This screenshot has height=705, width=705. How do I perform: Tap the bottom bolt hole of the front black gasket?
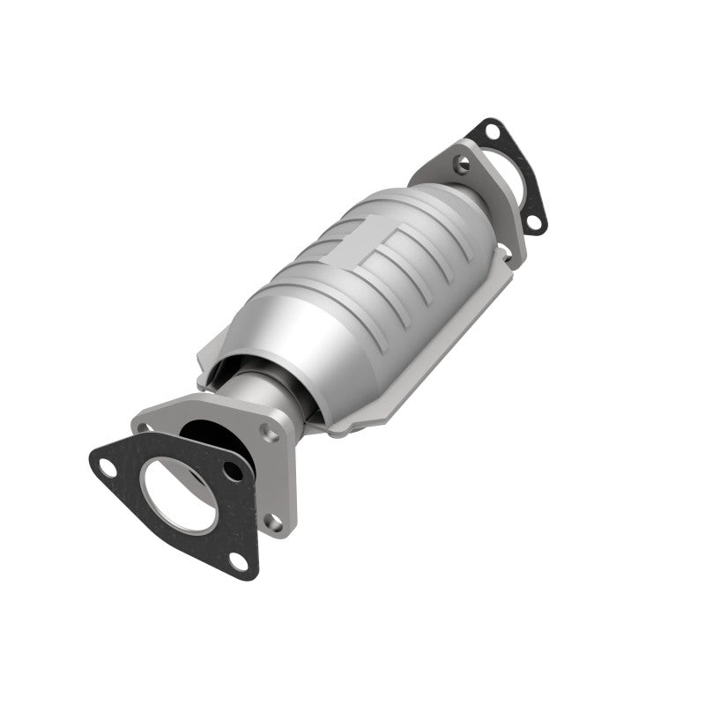237,560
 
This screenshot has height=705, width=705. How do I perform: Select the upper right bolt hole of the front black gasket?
234,472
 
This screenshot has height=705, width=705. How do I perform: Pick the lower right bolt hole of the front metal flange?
276,523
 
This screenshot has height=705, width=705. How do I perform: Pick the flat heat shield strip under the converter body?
423,352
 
